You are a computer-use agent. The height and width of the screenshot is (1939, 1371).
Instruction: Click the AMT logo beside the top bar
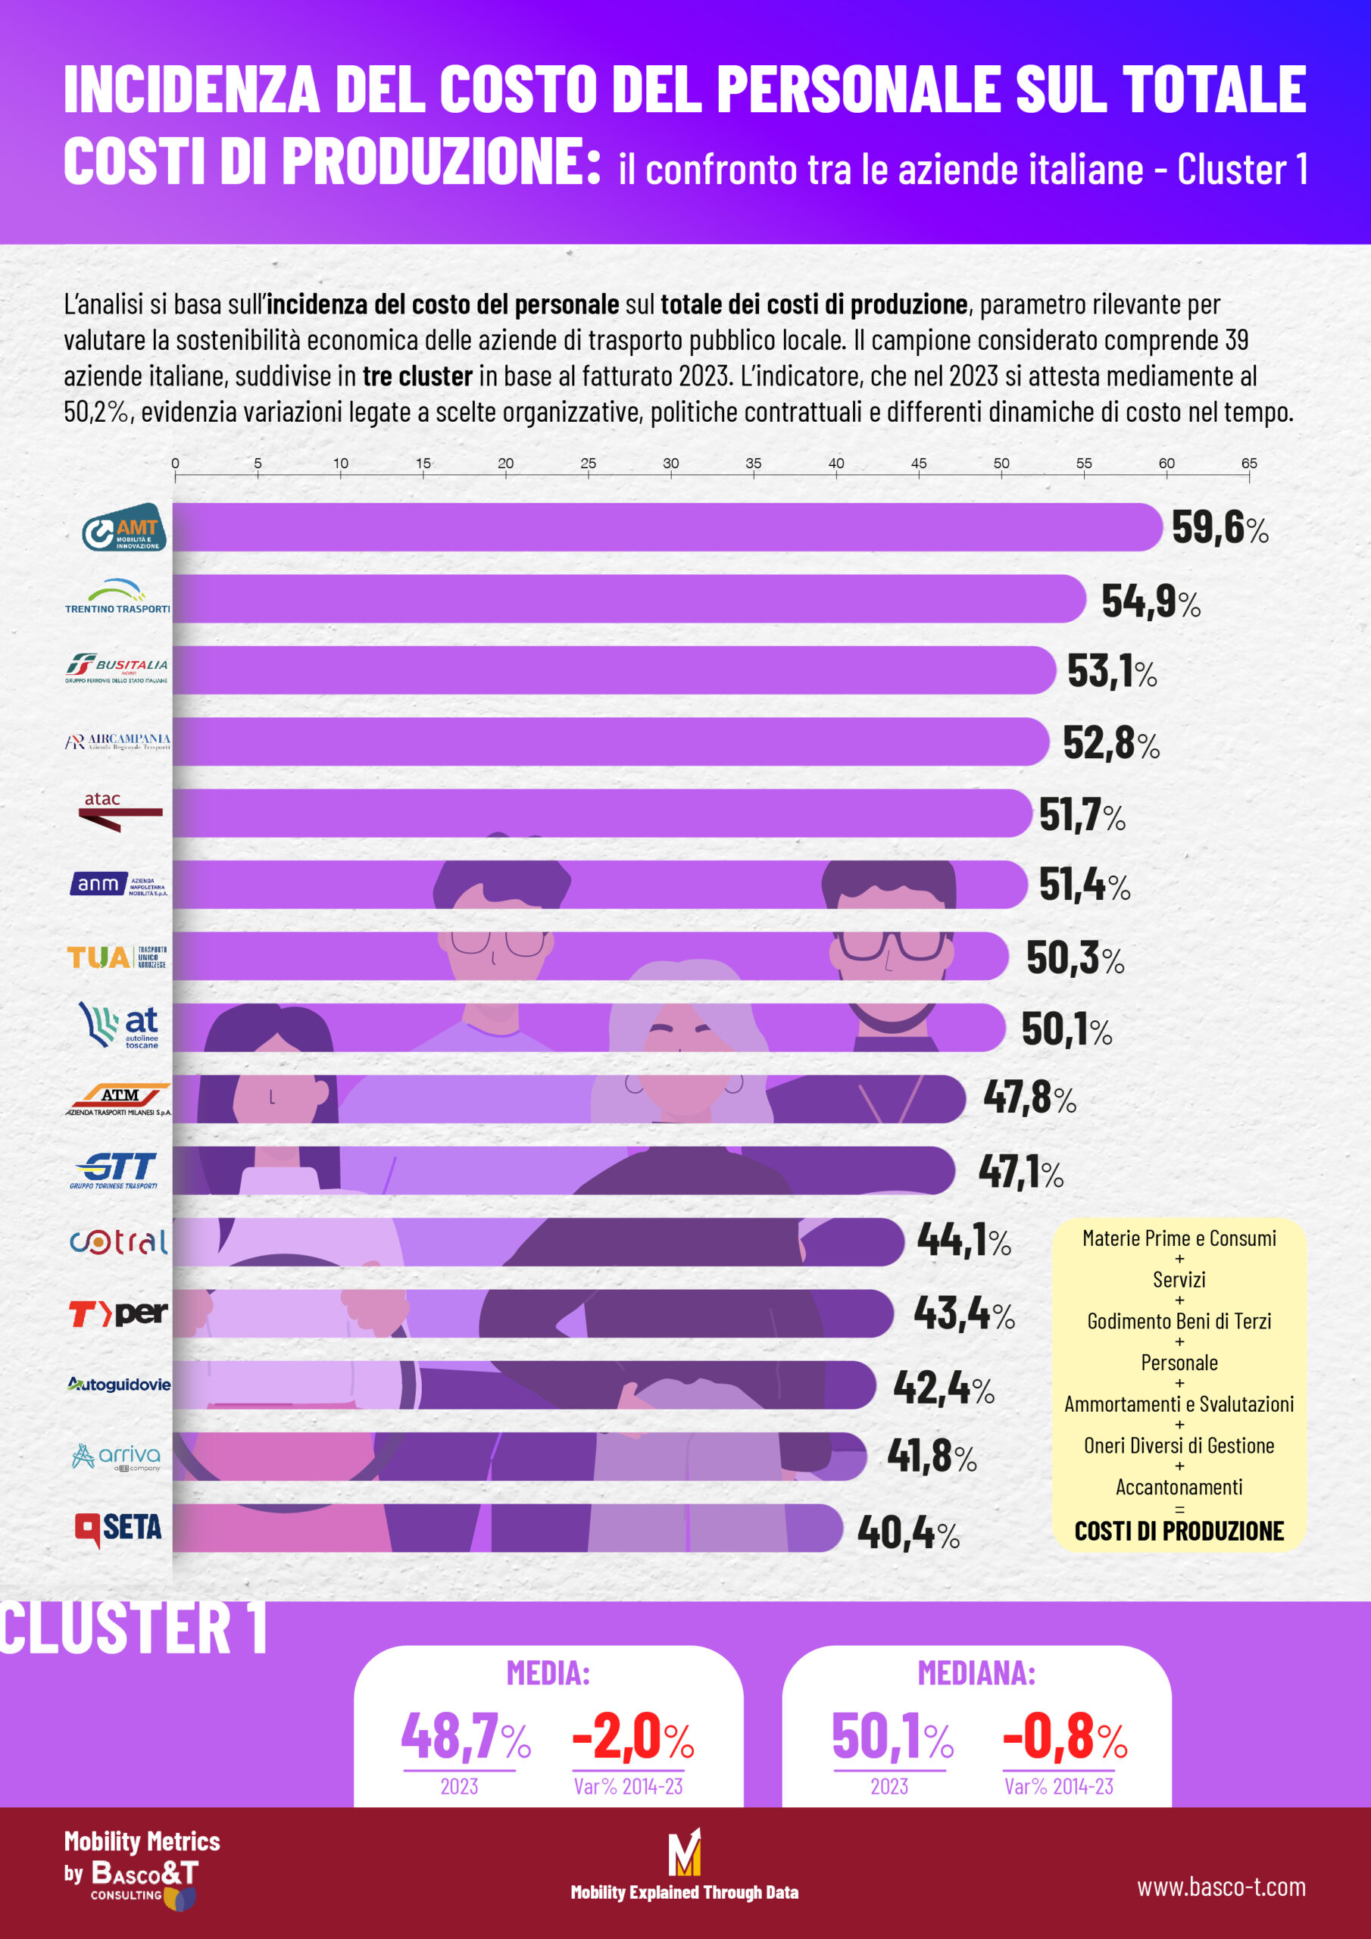click(x=123, y=527)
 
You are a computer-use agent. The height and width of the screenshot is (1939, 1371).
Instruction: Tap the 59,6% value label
click(x=1218, y=529)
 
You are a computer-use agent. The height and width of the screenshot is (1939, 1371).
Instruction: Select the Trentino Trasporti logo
click(x=117, y=596)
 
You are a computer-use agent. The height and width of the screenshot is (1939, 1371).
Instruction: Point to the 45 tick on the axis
click(x=918, y=464)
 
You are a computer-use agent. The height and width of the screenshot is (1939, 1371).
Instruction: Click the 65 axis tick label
click(x=1248, y=464)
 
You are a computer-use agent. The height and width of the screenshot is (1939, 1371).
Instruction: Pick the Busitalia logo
click(x=117, y=668)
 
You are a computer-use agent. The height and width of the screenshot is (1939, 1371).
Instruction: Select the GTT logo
click(x=114, y=1170)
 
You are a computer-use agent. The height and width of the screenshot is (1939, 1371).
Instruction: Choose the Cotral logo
click(x=119, y=1241)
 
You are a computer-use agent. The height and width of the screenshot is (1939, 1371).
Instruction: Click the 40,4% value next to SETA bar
click(x=908, y=1533)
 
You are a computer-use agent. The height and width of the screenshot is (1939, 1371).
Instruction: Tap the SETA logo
click(x=118, y=1528)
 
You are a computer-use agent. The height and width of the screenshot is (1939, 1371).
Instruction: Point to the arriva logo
click(x=117, y=1457)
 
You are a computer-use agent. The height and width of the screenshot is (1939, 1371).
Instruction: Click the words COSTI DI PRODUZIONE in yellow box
click(x=1179, y=1531)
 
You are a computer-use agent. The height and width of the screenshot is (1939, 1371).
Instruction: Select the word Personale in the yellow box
click(x=1179, y=1362)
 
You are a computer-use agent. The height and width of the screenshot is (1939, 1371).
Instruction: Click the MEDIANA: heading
click(x=976, y=1672)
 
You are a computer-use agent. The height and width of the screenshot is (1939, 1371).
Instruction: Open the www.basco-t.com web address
click(x=1220, y=1887)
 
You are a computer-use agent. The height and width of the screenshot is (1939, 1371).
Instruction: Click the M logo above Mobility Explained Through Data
click(x=684, y=1853)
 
